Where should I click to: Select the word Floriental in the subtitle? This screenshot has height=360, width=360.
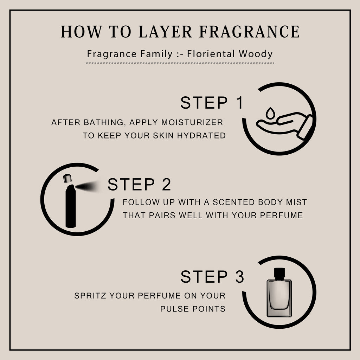click(x=211, y=54)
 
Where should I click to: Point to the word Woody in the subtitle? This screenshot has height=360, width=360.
click(x=256, y=54)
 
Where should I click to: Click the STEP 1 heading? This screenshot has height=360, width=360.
click(x=212, y=103)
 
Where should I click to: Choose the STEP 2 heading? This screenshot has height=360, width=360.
click(x=139, y=184)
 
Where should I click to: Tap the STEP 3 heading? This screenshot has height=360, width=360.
click(x=212, y=276)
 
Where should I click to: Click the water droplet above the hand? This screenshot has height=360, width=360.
click(x=270, y=113)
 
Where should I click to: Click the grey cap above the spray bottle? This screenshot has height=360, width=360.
click(x=67, y=178)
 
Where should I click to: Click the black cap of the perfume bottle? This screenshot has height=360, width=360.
click(x=279, y=274)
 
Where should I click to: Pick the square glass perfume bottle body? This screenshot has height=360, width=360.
click(x=279, y=298)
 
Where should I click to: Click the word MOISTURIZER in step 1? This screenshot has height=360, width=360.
click(x=192, y=122)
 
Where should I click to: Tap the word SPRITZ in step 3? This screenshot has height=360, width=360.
click(x=90, y=295)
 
